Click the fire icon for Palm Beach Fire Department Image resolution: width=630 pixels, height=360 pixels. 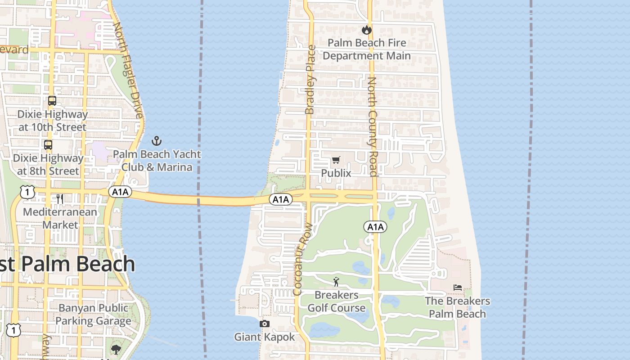coord(367,30)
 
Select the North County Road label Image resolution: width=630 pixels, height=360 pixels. coord(372,126)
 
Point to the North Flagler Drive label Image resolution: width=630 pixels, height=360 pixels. coord(128,70)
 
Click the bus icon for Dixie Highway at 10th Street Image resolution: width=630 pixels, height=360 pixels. coord(52,101)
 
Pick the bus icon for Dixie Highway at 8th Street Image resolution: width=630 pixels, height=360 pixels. coord(48,145)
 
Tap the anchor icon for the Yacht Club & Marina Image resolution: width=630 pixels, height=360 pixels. coord(156,141)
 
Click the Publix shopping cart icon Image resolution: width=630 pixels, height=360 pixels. coord(336,160)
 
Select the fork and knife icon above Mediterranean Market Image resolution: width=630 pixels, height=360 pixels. coord(60,198)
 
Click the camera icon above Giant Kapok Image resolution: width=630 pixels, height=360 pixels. coord(265,324)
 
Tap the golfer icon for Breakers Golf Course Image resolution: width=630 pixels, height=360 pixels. coord(336,282)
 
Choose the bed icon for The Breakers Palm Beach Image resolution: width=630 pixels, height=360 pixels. coord(458,288)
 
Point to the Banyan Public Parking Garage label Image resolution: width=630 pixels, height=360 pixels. coord(93,315)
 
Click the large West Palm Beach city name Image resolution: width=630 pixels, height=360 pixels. coord(67,264)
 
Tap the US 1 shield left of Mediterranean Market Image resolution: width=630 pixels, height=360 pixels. coord(27,192)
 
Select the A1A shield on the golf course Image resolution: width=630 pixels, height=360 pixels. coord(375,227)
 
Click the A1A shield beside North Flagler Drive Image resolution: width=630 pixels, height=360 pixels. coord(120,192)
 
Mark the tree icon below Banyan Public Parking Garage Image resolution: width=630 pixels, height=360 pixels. coord(116,349)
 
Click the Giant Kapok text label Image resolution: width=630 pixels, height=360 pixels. coord(265,337)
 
